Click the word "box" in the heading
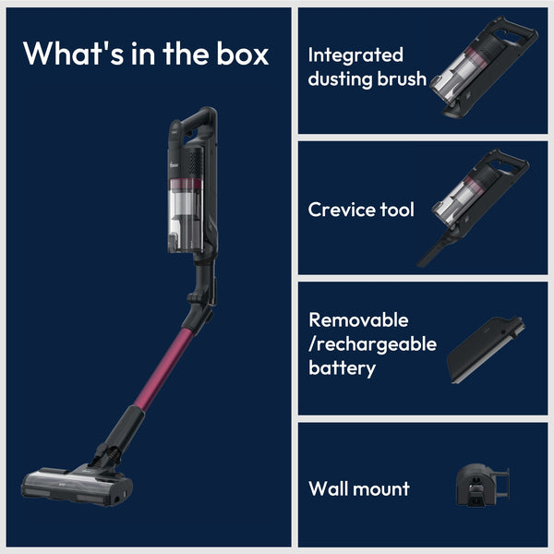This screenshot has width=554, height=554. (242, 54)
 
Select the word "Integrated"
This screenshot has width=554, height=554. (355, 55)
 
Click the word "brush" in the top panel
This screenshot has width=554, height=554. (402, 78)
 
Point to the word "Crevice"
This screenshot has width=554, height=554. (342, 210)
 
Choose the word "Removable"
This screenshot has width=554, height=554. (358, 320)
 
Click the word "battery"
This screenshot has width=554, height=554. (342, 368)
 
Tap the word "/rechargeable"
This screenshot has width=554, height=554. (372, 344)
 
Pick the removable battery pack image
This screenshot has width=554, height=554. (487, 349)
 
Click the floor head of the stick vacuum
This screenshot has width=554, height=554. (77, 486)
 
